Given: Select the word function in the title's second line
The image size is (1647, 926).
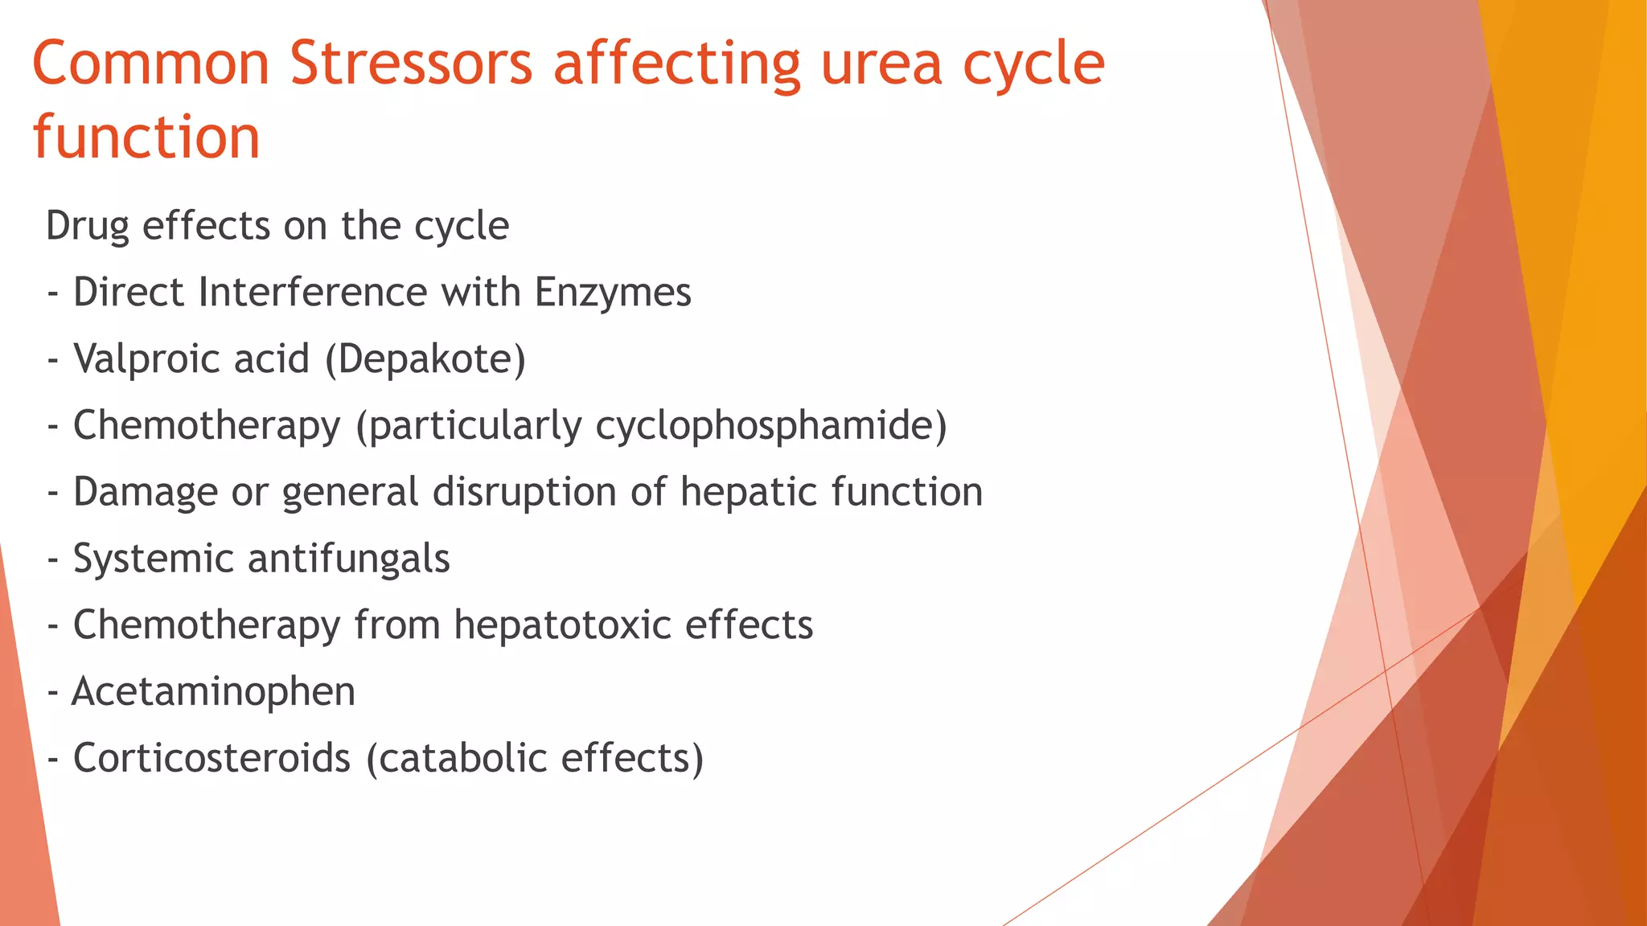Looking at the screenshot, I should point(146,137).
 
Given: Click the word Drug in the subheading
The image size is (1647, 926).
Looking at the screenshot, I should point(87,226).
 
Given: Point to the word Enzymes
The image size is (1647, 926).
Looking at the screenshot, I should point(613,292).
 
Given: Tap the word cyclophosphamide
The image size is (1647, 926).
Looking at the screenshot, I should point(770,425).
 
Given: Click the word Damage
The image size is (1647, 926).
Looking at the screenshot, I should point(145,492).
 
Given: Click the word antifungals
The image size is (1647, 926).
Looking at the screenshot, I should point(348,559).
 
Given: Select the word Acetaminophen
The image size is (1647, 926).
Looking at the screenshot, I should point(213,691).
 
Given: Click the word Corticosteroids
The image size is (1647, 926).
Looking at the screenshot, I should point(212,758).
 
